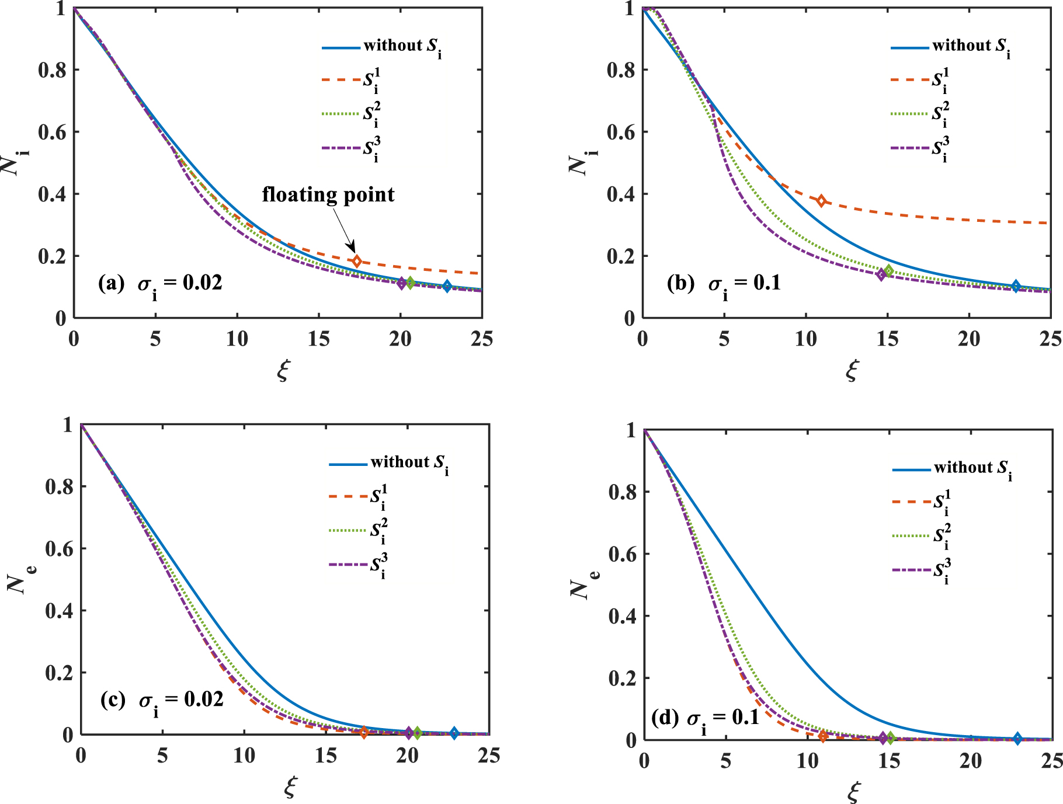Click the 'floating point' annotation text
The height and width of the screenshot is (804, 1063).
328,194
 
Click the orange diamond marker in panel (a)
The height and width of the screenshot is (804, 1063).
357,261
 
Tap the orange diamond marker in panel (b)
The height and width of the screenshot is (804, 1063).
821,201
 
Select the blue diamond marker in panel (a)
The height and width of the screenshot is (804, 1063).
447,286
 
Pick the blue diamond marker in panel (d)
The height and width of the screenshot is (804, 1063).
1017,739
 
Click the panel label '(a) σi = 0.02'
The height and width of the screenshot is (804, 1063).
161,284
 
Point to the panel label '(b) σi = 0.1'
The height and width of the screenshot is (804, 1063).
724,284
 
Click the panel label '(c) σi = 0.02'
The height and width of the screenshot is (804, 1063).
162,700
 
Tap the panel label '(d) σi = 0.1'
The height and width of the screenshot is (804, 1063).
706,718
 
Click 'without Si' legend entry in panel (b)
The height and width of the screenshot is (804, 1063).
951,47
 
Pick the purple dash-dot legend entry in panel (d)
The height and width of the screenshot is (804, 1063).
911,570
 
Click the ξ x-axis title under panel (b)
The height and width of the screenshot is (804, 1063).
852,370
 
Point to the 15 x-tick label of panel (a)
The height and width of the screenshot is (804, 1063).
318,339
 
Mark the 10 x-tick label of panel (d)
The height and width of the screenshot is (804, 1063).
807,761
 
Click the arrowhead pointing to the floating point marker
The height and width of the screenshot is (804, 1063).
352,248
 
